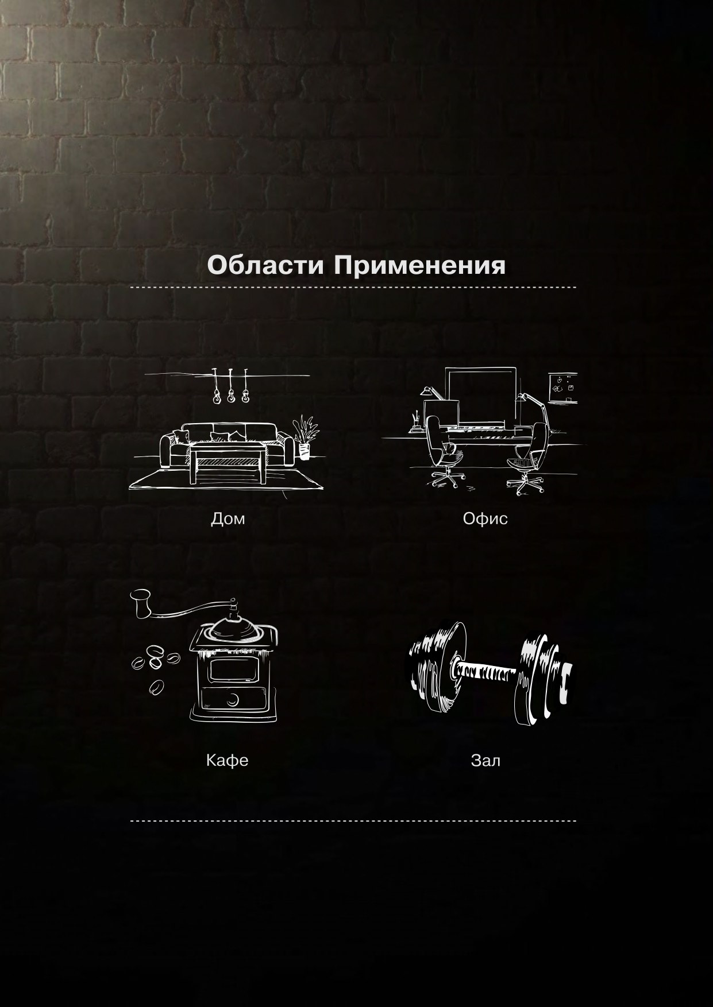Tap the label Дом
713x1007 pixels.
228,519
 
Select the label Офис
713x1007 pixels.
485,519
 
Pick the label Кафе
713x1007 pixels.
227,761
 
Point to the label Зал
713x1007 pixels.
485,761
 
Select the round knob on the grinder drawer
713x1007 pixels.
233,699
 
